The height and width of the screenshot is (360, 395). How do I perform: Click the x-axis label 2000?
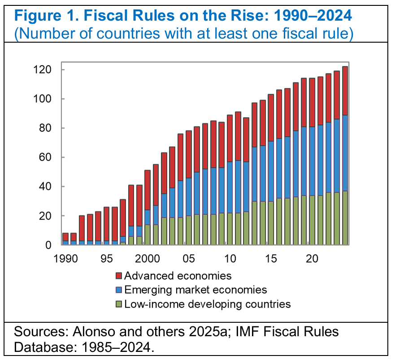click(x=147, y=259)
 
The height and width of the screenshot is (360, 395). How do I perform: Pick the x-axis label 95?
click(x=106, y=259)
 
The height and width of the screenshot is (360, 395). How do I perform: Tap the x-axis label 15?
click(x=270, y=259)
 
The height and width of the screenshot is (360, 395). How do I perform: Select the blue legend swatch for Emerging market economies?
click(x=119, y=290)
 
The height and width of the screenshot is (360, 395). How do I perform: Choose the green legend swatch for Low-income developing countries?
click(x=119, y=304)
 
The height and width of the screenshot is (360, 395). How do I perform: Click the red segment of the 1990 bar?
click(x=65, y=237)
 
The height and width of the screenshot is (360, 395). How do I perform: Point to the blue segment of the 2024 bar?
click(x=345, y=153)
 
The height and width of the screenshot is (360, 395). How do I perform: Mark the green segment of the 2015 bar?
click(x=271, y=223)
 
